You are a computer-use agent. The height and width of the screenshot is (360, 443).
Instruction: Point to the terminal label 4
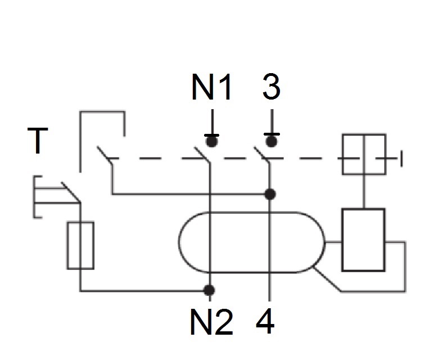[266, 321]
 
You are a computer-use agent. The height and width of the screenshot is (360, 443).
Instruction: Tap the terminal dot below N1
[212, 140]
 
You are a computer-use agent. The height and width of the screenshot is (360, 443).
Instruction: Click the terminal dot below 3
[272, 140]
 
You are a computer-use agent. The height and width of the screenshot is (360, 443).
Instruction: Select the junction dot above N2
[209, 290]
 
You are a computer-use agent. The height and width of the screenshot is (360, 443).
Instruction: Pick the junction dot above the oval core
[270, 194]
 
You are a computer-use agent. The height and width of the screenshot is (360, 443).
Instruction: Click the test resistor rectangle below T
[80, 245]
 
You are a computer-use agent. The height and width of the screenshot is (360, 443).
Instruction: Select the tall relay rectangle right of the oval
[363, 240]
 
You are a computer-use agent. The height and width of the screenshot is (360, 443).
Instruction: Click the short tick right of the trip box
[401, 159]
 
